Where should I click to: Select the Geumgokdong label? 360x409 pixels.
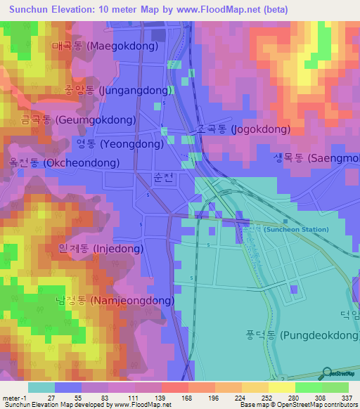68,120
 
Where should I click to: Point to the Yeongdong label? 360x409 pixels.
120,144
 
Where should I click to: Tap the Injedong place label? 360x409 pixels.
101,249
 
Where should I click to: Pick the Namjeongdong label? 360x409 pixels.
115,301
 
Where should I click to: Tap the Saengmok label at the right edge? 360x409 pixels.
316,158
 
